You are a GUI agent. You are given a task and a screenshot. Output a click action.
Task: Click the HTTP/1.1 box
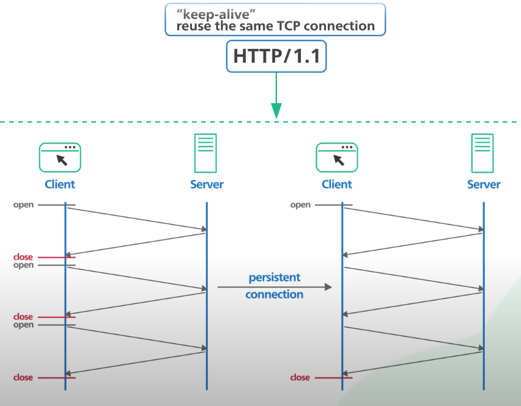(276, 56)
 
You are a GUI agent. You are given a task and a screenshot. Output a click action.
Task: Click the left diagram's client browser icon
(60, 158)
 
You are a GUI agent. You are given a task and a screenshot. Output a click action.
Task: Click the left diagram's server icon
(205, 153)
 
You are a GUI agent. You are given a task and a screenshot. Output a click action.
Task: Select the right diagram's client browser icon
(336, 158)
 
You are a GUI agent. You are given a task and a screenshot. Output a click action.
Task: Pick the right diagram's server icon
(482, 153)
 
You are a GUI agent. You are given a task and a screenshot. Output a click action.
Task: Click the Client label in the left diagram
(60, 184)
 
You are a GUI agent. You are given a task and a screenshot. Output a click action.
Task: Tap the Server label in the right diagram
(484, 184)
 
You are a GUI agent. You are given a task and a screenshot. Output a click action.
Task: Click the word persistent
(275, 277)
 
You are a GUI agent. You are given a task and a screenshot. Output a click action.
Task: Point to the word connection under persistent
(274, 294)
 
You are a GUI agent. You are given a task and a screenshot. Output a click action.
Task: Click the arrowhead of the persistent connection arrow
(328, 287)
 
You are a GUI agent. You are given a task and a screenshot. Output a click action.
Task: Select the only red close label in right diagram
(300, 377)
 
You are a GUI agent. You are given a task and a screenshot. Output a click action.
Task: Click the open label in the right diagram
(300, 205)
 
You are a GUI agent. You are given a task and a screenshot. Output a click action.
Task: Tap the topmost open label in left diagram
(23, 205)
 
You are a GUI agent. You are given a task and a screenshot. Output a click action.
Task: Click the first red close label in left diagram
(23, 257)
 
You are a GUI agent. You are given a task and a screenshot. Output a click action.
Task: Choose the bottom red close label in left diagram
(23, 377)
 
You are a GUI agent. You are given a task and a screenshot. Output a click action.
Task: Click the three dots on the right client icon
(347, 147)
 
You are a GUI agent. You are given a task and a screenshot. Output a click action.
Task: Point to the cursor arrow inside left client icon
(62, 160)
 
